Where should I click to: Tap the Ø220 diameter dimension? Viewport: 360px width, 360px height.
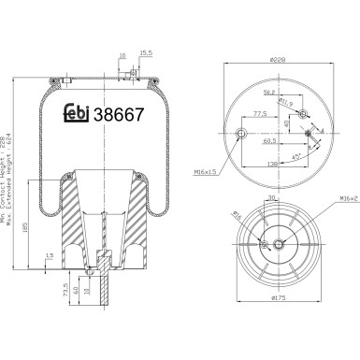[x=278, y=59]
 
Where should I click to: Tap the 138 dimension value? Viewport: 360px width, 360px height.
[x=275, y=165]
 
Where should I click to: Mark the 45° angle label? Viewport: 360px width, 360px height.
[x=298, y=155]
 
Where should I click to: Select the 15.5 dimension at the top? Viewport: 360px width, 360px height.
[x=144, y=54]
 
